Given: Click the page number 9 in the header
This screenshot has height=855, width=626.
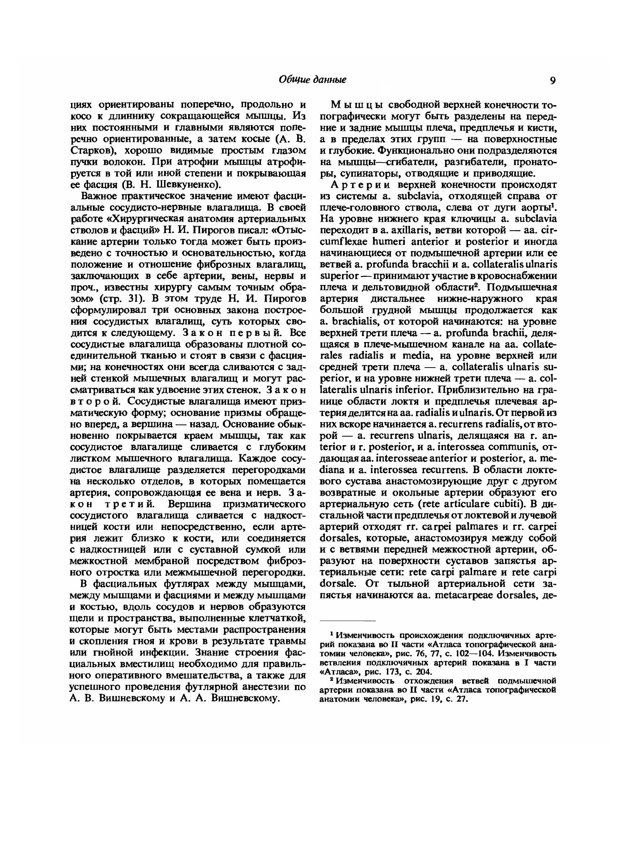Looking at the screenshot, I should (x=552, y=80).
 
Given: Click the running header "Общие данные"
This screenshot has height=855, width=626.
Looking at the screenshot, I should (x=313, y=80).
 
